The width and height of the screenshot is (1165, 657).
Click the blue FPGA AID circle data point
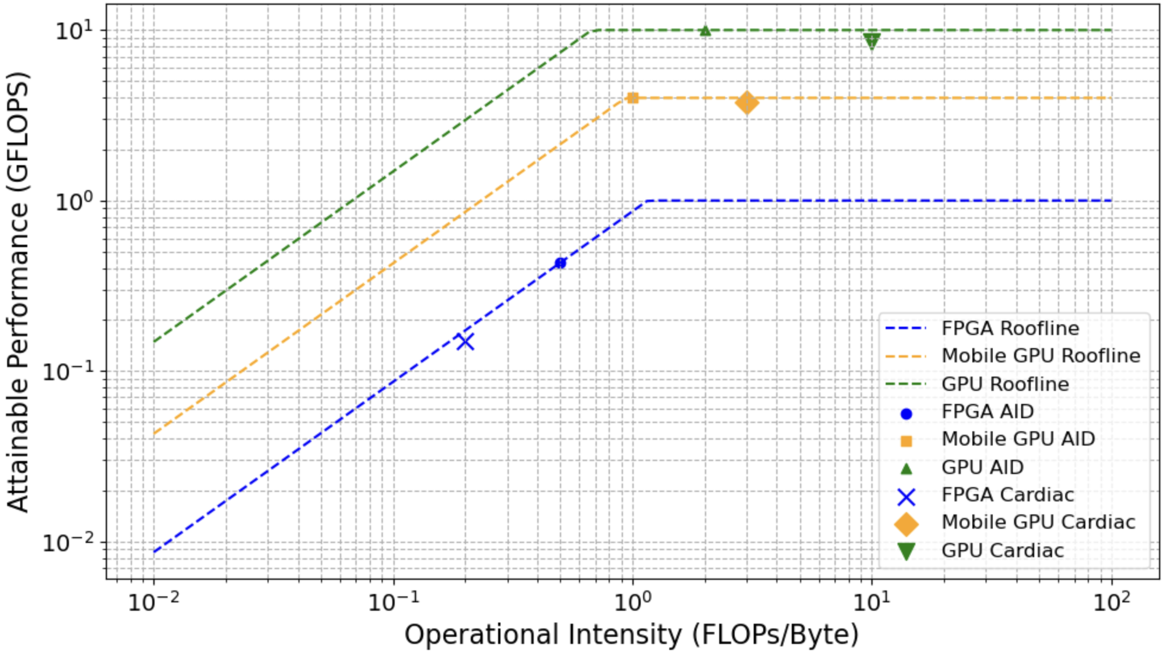pyautogui.click(x=560, y=263)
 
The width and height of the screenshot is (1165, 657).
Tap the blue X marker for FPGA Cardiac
pyautogui.click(x=465, y=342)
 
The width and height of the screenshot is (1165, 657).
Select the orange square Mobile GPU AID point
pyautogui.click(x=632, y=98)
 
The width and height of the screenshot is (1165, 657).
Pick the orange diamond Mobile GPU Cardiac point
pyautogui.click(x=747, y=103)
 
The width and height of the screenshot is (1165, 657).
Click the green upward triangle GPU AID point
pyautogui.click(x=705, y=30)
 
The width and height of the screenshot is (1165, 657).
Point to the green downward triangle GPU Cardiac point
pyautogui.click(x=871, y=41)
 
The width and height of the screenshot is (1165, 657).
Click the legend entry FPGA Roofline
pyautogui.click(x=1010, y=328)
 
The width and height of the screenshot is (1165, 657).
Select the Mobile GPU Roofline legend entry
pyautogui.click(x=1041, y=355)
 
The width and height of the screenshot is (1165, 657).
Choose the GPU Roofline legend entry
pyautogui.click(x=1005, y=384)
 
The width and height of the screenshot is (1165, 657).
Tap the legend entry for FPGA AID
pyautogui.click(x=987, y=411)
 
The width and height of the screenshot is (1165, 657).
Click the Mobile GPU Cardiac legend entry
pyautogui.click(x=1038, y=522)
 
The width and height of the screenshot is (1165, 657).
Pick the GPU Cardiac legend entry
pyautogui.click(x=1002, y=550)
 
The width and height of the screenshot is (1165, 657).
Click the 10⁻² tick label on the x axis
pyautogui.click(x=154, y=602)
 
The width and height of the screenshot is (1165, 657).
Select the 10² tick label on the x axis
pyautogui.click(x=1110, y=602)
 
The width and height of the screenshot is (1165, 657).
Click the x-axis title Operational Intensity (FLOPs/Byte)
pyautogui.click(x=631, y=634)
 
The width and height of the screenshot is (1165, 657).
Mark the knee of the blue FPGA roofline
pyautogui.click(x=647, y=201)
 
